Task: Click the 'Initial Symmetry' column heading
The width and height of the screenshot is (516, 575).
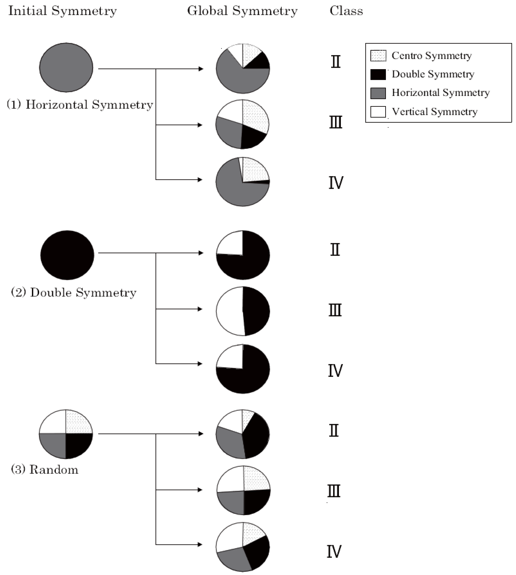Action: point(62,11)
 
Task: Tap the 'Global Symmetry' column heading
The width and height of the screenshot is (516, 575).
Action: point(242,11)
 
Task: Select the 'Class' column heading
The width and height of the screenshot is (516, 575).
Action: point(346,11)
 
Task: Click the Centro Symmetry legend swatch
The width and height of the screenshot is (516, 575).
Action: point(378,56)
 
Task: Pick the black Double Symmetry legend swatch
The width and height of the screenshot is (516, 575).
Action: point(378,74)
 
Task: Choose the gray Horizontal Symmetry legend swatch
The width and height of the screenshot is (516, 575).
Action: point(378,93)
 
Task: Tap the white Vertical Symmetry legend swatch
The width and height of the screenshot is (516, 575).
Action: point(378,111)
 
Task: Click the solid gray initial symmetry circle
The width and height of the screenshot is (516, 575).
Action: point(66,68)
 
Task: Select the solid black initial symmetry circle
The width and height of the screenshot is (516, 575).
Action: point(67,255)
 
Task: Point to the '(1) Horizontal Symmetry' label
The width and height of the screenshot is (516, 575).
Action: point(80,105)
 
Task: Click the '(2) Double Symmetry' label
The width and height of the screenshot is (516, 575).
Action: point(74,293)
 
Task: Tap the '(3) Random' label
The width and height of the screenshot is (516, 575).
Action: point(44,470)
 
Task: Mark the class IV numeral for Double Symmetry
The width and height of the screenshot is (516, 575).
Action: point(335,371)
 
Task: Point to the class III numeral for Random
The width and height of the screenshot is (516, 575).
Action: point(334,491)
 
